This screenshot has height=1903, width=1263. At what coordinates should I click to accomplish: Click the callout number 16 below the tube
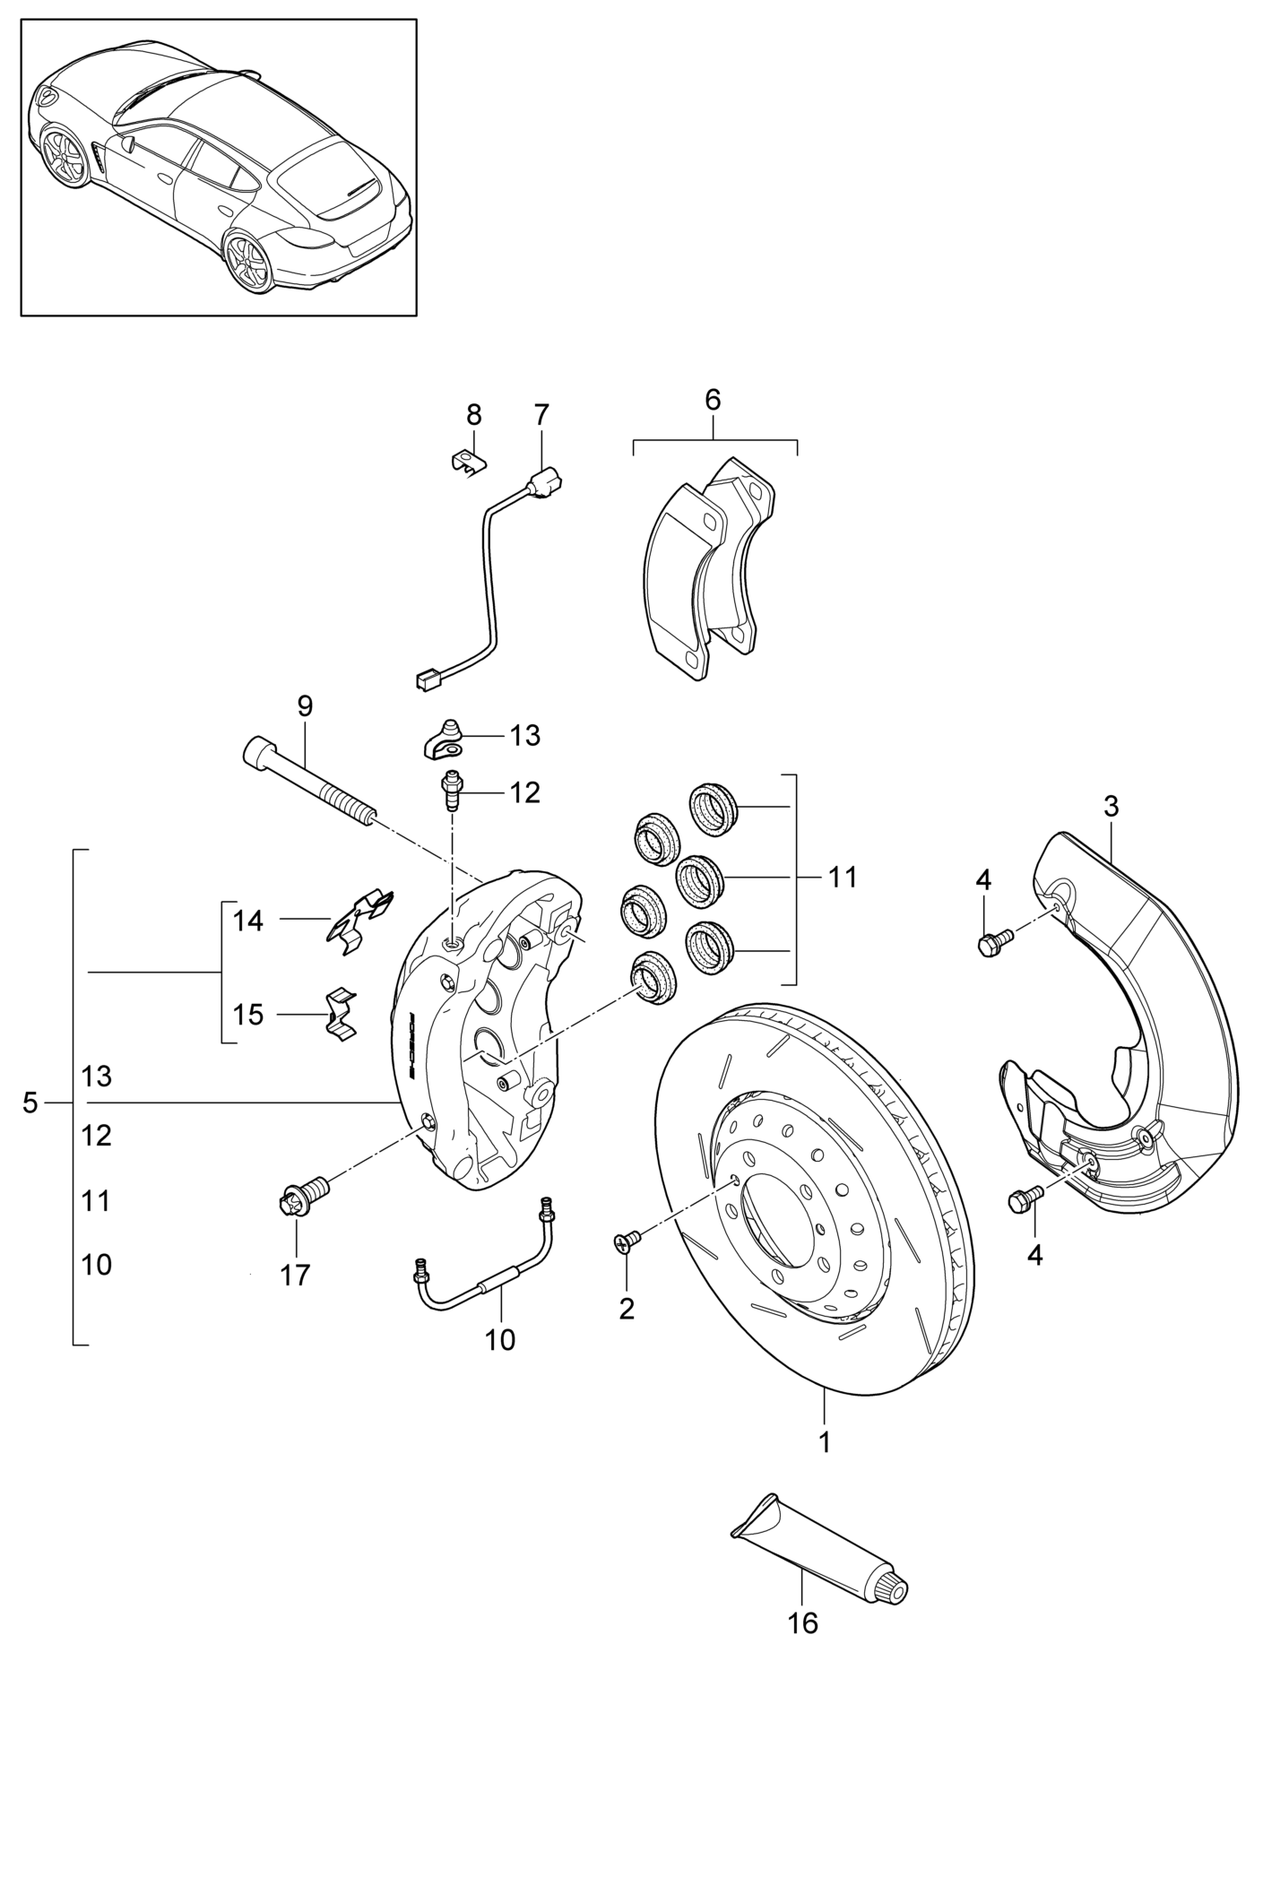(x=802, y=1622)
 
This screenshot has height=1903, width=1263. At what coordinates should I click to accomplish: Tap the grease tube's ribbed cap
(x=894, y=1589)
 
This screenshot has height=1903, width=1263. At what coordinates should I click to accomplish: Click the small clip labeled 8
(x=467, y=461)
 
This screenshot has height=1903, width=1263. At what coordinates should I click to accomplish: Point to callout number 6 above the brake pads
(x=713, y=400)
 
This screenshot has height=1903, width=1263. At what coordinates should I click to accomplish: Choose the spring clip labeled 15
(x=341, y=1014)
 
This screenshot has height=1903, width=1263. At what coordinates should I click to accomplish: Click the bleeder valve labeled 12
(x=452, y=789)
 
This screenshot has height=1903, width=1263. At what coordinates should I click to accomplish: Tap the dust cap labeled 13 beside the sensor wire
(x=443, y=738)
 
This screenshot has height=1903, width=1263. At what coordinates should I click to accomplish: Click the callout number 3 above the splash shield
(x=1111, y=806)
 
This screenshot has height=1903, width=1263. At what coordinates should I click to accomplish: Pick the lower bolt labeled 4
(x=1025, y=1198)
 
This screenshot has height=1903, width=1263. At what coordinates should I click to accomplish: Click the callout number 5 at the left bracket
(x=30, y=1103)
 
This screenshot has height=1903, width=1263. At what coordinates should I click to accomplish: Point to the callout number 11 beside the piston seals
(x=843, y=877)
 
